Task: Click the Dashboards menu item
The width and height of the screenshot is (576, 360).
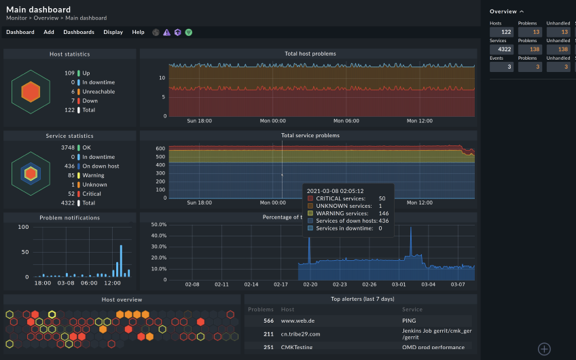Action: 79,32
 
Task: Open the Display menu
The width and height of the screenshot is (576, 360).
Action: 113,32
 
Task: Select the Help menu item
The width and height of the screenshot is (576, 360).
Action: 138,32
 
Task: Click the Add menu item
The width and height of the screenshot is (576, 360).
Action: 49,32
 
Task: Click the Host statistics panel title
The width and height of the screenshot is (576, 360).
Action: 69,54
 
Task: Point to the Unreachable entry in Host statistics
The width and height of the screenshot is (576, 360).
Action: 98,91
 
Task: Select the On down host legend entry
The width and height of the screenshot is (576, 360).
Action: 101,166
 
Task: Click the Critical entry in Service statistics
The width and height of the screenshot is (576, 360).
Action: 92,194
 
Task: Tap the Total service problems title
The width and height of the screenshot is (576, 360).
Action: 310,135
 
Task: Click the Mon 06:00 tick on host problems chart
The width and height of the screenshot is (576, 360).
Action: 346,121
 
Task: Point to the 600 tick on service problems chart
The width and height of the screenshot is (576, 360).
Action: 161,148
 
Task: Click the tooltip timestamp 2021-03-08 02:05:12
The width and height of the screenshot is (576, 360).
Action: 335,191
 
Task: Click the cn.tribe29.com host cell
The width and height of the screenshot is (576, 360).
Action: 301,334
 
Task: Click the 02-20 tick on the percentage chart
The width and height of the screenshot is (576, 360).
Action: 311,285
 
